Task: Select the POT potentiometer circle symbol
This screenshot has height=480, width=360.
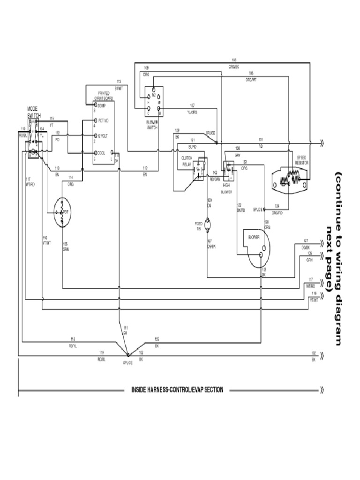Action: point(62,212)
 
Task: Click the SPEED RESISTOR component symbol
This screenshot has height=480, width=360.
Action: point(290,180)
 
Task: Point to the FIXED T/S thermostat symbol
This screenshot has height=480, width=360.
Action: point(209,225)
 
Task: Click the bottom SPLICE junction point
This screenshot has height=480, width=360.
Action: point(128,355)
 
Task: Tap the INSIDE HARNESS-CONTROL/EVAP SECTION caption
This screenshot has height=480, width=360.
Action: point(177,390)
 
